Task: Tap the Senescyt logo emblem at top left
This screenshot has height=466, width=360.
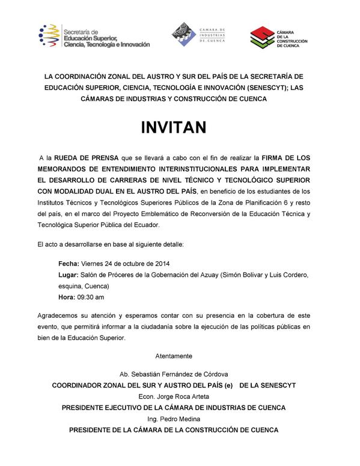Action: (x=49, y=36)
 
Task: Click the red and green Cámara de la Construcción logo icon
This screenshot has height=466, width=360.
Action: (x=260, y=38)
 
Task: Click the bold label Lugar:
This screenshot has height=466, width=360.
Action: (x=70, y=275)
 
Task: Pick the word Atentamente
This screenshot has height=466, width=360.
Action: (x=174, y=356)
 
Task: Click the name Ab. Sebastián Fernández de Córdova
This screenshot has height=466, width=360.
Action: (x=174, y=374)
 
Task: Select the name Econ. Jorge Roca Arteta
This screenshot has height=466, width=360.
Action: (x=174, y=396)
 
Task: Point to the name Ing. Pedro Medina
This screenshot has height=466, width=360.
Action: (x=174, y=419)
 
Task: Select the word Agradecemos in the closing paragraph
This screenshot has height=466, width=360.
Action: (x=60, y=315)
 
